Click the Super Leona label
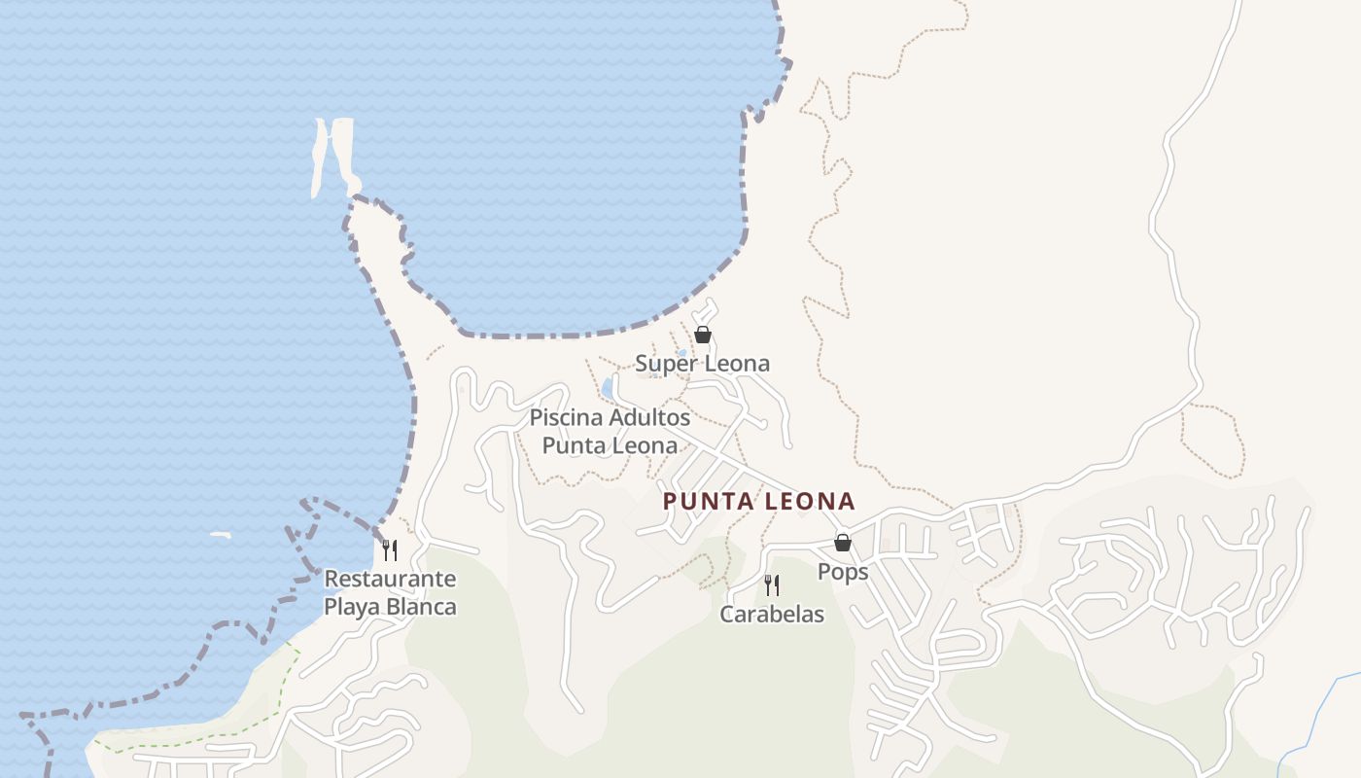coord(702,364)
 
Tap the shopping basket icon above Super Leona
coord(703,335)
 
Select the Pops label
coord(842,571)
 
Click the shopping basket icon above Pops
coord(843,543)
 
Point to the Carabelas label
coord(772,614)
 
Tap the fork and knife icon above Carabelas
coord(772,585)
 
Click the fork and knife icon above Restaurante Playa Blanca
coord(390,550)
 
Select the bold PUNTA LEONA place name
coord(758,502)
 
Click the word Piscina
coord(566,418)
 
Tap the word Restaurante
coord(390,579)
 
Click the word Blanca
coord(421,607)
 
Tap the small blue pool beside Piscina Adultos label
coord(608,388)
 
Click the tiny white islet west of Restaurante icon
coord(221,535)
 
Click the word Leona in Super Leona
coord(736,364)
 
